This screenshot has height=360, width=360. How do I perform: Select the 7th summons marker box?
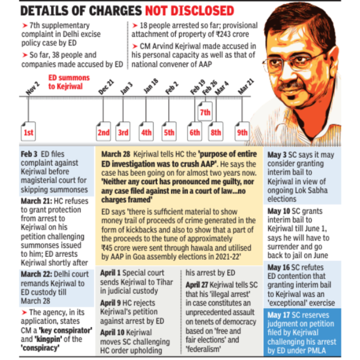(205, 112)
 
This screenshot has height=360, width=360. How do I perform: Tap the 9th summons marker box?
(242, 132)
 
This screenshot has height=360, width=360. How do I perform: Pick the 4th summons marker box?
(146, 132)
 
